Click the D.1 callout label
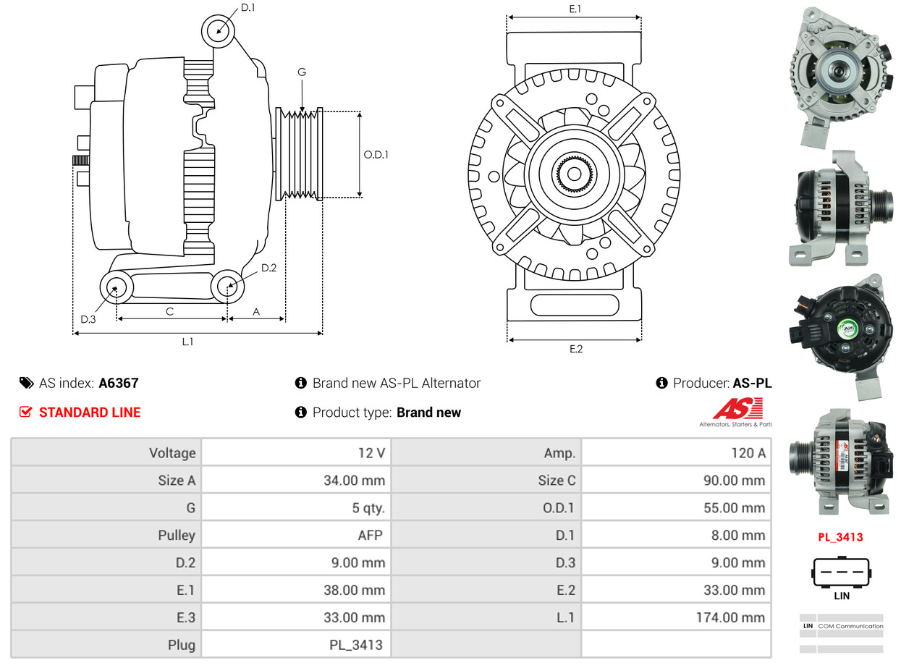coord(248,7)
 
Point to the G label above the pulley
coord(302,72)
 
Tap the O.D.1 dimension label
coord(376,154)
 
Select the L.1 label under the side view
coord(187,342)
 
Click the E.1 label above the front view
coord(575,9)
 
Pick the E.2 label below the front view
coord(575,349)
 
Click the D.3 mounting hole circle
coord(115,288)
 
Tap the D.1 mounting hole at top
coord(218,31)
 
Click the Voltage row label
coord(172,453)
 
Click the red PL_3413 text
coord(840,537)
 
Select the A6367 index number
coord(119,383)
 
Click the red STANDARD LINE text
coord(90,413)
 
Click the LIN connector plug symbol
coord(841,572)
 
